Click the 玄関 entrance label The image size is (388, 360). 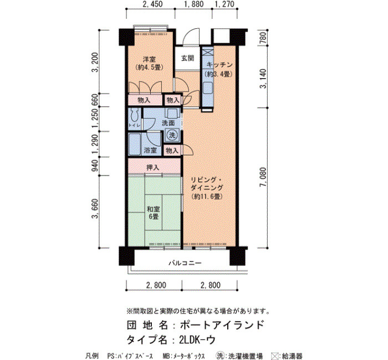187,58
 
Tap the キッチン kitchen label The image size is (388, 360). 219,65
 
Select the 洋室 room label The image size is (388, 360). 150,59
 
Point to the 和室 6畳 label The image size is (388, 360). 154,213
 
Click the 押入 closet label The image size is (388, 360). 152,168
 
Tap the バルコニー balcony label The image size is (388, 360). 185,263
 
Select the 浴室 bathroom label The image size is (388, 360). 150,150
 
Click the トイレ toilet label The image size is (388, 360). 134,125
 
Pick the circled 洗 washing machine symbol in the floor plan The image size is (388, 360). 172,135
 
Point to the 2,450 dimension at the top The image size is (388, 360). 152,4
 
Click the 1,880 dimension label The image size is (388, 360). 194,4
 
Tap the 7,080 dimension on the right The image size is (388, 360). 263,177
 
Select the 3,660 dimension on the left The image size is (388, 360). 95,209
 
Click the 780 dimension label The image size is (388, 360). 263,38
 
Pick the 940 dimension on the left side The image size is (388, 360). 95,166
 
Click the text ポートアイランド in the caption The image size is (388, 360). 222,325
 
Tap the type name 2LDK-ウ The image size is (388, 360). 197,340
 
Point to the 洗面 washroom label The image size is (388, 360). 169,123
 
